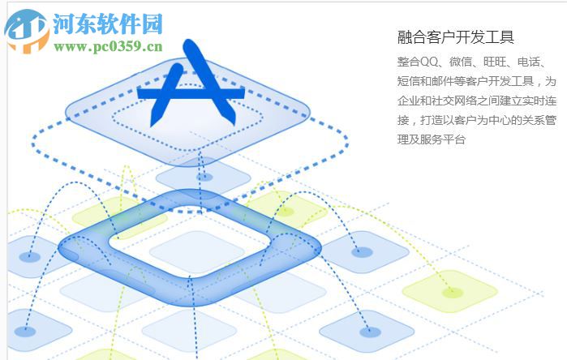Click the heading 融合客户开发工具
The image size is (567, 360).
click(x=456, y=36)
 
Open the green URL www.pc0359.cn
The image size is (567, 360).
click(x=109, y=47)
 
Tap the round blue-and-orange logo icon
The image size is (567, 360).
click(x=26, y=31)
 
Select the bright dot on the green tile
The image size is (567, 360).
click(x=453, y=293)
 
